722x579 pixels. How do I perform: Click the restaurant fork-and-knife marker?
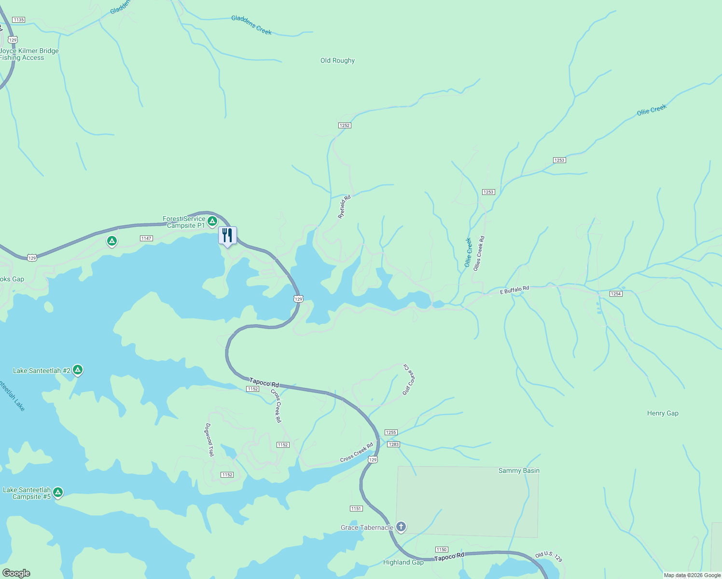tap(227, 235)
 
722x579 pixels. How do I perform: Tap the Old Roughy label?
tap(337, 60)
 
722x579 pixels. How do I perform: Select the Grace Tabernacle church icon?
tap(401, 527)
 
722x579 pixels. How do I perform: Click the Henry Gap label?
tap(663, 413)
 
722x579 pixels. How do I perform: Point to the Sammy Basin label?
tap(519, 470)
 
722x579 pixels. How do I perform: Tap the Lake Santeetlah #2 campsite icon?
tap(78, 370)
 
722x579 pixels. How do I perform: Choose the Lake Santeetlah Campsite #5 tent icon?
tap(58, 493)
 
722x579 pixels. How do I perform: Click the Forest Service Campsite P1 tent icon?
tap(212, 221)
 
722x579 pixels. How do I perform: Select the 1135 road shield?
tap(18, 20)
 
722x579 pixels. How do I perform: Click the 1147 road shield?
tap(146, 238)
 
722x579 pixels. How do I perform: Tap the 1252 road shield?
tap(344, 125)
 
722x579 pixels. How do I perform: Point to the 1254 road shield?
tap(616, 294)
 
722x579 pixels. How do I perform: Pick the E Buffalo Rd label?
tap(514, 290)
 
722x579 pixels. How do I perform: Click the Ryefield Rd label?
tap(344, 207)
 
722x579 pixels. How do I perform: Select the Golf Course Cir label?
tap(409, 380)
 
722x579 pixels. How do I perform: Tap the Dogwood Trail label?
tap(209, 440)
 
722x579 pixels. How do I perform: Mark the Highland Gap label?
tap(403, 562)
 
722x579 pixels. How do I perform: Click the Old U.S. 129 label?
tap(549, 557)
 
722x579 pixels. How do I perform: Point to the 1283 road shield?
tap(393, 444)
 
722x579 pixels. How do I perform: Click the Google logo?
tap(16, 573)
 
